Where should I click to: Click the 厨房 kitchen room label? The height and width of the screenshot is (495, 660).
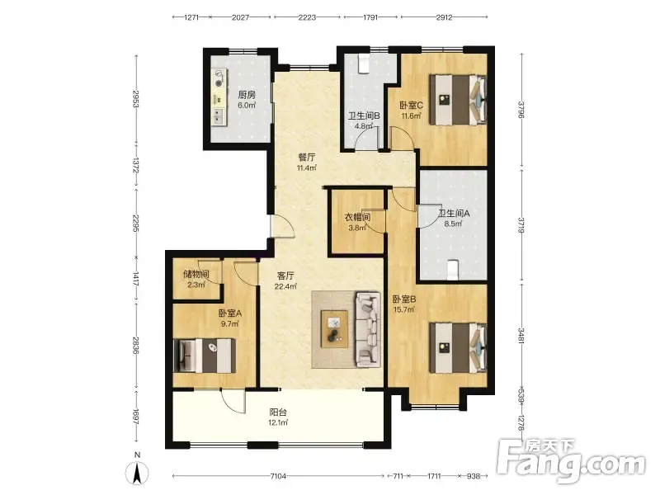point(247,95)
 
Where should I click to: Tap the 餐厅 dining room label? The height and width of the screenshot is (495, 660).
point(307,158)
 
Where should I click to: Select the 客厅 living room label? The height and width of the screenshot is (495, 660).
point(285,276)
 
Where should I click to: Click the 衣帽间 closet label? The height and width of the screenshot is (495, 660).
point(358,218)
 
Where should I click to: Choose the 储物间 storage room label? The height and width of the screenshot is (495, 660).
point(196,275)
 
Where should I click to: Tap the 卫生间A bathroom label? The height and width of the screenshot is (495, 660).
point(454,214)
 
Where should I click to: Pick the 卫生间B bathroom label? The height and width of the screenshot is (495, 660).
point(364,115)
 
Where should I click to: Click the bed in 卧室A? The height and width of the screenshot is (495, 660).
point(205,356)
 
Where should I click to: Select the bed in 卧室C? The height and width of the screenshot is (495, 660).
point(458,100)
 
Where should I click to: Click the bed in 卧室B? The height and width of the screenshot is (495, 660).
point(458,347)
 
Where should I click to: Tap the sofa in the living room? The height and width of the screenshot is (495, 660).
point(367,328)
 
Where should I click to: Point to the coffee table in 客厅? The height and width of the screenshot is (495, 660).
point(335,329)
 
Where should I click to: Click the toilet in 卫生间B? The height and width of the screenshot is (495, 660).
point(363,64)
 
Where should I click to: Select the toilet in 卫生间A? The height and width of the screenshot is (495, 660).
point(452,271)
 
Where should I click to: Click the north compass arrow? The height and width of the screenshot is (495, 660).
point(137,474)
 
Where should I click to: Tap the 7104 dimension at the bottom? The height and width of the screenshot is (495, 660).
point(278,476)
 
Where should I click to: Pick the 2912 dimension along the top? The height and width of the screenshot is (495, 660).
point(444,17)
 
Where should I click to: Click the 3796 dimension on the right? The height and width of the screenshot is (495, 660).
point(521,110)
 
